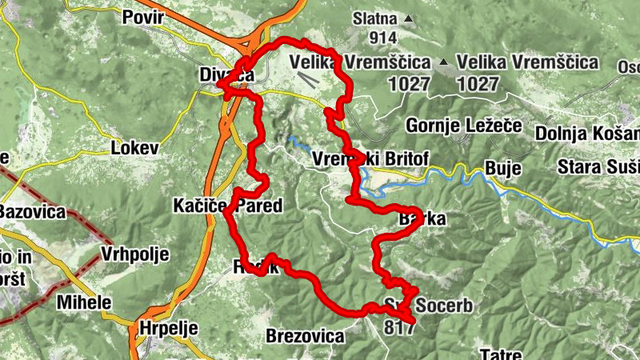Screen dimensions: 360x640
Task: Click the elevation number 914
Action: coord(384,37)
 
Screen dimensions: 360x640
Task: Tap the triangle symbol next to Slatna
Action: coord(410,18)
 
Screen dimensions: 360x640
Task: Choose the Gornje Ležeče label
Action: coord(464,126)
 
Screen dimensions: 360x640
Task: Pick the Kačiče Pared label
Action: coord(228,206)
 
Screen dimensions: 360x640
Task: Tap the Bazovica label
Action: coord(32,212)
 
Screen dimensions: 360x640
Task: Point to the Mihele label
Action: coord(84,303)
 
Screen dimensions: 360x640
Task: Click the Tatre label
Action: coord(501,353)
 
